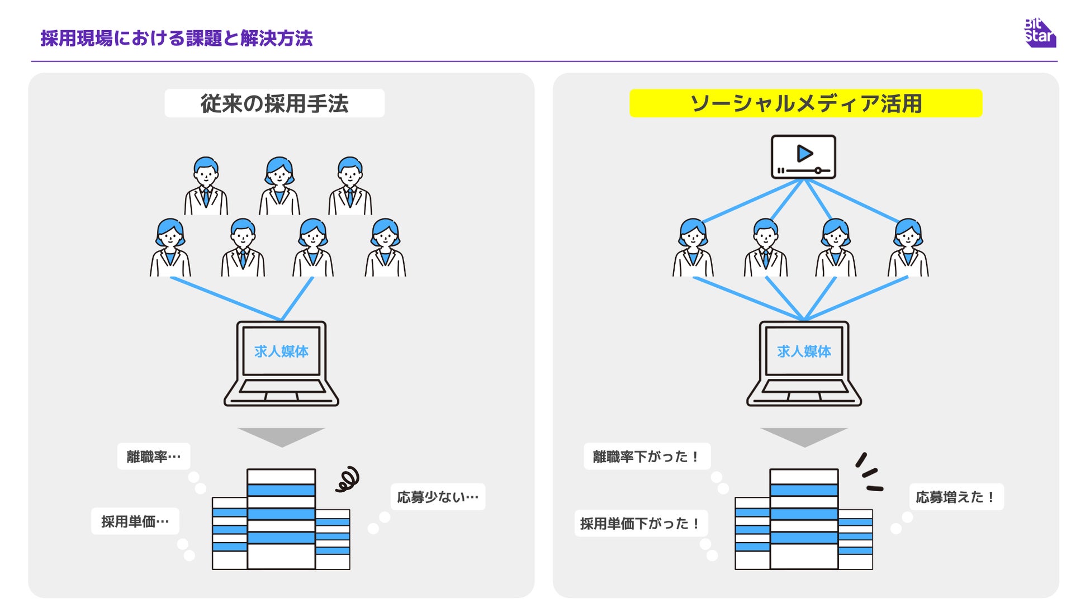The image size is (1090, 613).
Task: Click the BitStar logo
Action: tap(1040, 33)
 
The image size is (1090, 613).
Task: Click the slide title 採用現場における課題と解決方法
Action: tap(177, 38)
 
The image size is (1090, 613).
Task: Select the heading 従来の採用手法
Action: tap(274, 103)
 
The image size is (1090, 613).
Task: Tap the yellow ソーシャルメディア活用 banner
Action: tap(805, 103)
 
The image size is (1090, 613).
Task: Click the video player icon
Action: tap(803, 157)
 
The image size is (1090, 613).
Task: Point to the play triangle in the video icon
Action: tap(804, 153)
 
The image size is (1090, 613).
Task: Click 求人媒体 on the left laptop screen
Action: tap(281, 351)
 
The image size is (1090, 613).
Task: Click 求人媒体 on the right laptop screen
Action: tap(804, 351)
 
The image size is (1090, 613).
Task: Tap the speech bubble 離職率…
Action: tap(154, 457)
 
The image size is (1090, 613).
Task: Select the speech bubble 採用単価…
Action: tap(135, 521)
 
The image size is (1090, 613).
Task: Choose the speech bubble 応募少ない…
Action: tap(438, 497)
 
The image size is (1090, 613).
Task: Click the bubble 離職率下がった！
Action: tap(647, 457)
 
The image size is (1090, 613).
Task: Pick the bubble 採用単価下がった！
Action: tap(641, 524)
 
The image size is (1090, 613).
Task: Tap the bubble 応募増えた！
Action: tap(956, 497)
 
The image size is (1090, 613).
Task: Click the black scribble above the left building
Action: tap(347, 479)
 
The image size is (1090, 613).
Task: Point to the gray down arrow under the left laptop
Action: tap(281, 436)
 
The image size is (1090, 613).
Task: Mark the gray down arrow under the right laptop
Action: tap(804, 436)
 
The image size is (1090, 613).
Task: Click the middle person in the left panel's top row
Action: tap(279, 186)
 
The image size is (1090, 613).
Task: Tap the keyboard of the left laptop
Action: tap(281, 386)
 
